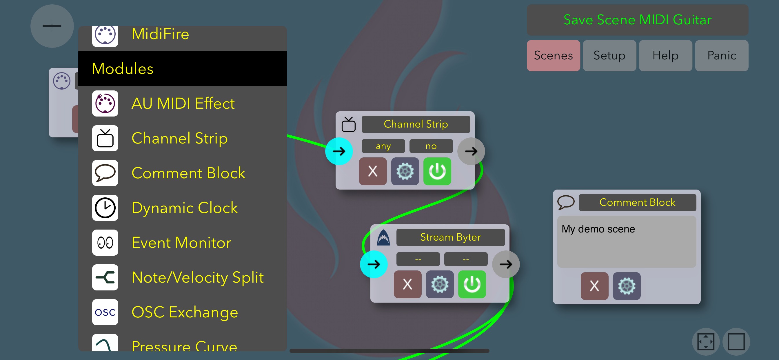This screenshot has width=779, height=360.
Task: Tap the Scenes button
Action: click(553, 56)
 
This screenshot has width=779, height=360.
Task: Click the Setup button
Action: click(609, 56)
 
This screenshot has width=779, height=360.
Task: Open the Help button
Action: click(665, 56)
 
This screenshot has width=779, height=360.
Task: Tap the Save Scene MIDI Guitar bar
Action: click(637, 20)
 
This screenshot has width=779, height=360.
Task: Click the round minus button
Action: click(52, 26)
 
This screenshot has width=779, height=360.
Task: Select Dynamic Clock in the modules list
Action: click(185, 208)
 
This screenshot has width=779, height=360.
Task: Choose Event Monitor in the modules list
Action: click(181, 243)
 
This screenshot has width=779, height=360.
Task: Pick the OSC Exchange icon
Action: click(105, 312)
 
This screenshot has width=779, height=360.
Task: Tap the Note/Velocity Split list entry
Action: click(197, 277)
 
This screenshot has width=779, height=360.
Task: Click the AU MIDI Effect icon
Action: click(105, 103)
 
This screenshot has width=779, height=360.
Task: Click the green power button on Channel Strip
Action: click(437, 171)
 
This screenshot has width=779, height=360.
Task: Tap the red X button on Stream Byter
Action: click(407, 284)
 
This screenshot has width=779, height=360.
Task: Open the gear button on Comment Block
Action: click(626, 286)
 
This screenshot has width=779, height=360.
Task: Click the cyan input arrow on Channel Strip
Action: click(339, 151)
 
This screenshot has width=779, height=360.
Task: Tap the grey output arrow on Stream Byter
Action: click(506, 264)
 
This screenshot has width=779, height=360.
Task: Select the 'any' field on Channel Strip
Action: click(383, 146)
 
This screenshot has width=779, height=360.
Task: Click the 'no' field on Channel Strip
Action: click(431, 146)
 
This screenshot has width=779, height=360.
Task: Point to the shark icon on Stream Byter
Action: click(383, 238)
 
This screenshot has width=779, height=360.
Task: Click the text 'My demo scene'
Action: click(598, 229)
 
